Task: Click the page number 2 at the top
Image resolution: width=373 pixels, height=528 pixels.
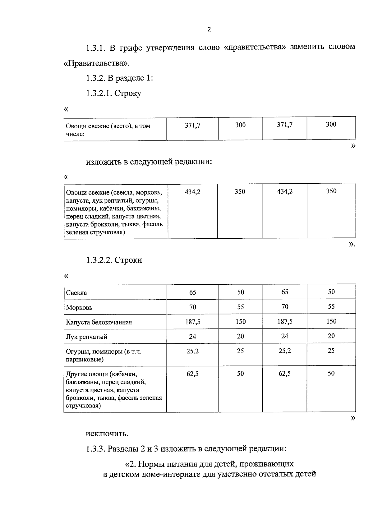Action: point(209,30)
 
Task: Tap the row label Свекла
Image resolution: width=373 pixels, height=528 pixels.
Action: point(76,293)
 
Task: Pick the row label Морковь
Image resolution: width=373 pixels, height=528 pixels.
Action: point(79,308)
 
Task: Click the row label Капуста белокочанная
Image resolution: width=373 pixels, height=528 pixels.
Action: point(99,322)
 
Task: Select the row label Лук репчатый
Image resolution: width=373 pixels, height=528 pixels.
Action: point(87,337)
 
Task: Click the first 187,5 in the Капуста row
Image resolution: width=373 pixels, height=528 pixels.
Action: point(193,322)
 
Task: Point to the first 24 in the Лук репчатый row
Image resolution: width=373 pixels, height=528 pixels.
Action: point(193,337)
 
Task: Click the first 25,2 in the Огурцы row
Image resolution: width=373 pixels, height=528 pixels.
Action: point(193,351)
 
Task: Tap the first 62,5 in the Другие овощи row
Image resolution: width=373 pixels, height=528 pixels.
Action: point(193,374)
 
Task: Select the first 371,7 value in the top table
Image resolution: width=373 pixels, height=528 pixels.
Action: point(193,125)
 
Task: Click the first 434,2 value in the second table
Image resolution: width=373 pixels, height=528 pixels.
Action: point(193,192)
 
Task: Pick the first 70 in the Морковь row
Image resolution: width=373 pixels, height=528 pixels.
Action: point(193,307)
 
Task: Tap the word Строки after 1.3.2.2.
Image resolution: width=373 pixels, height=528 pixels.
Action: point(128,260)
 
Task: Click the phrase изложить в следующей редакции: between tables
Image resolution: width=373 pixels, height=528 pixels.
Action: point(149,162)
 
